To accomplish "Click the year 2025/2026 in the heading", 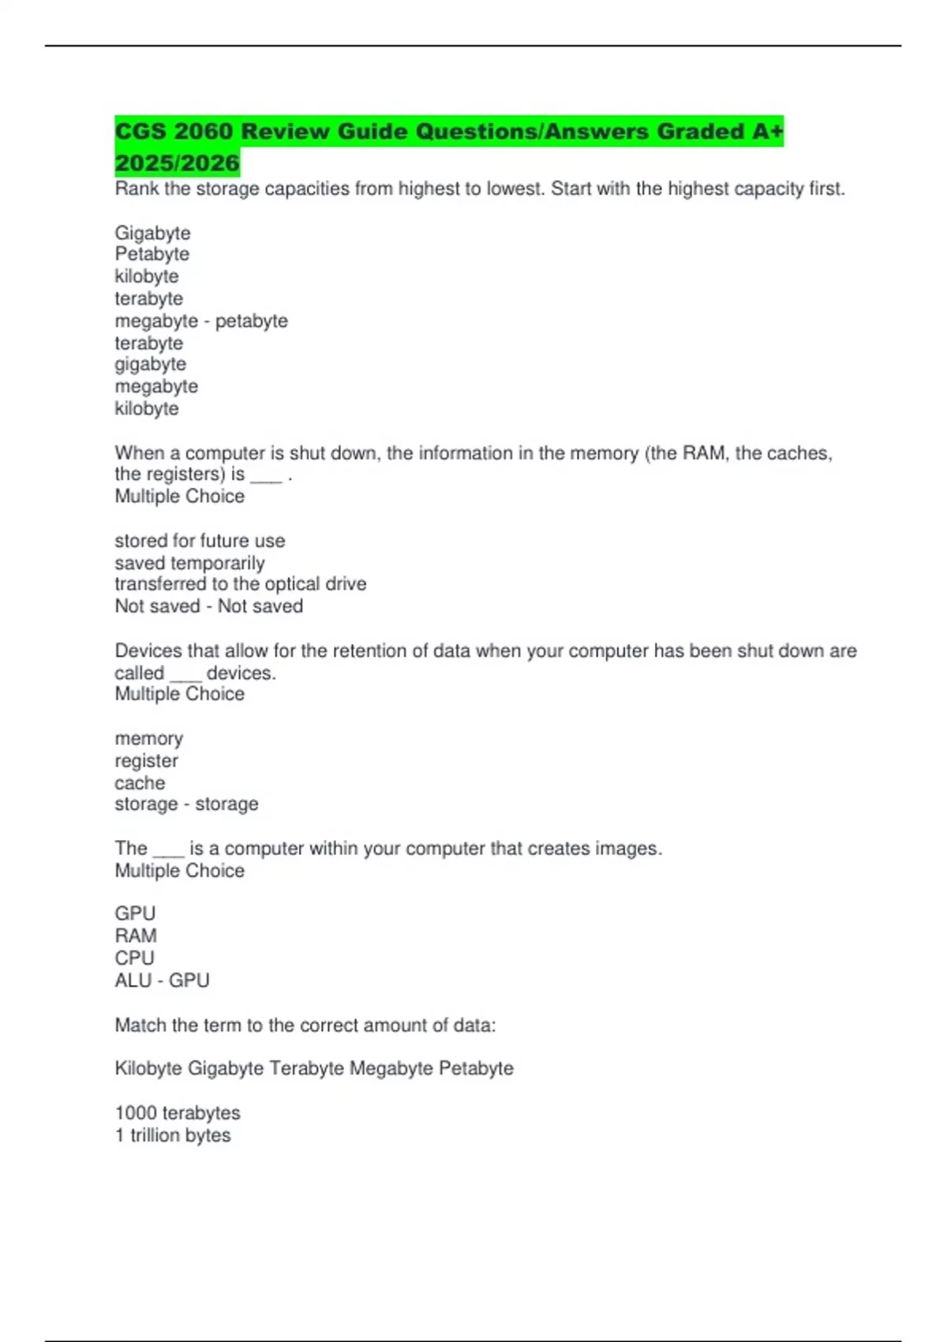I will [177, 163].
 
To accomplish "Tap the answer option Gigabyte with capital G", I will [152, 233].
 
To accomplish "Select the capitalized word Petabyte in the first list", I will [152, 254].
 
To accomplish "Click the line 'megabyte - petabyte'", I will [201, 321].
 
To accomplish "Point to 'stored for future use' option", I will [200, 541].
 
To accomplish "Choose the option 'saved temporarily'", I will [189, 563].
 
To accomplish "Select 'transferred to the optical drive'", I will [241, 584].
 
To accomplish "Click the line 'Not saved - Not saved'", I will [209, 606].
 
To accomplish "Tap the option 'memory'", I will [148, 739].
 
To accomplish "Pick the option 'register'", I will [146, 761].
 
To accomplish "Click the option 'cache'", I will [140, 783].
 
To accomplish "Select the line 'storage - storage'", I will [186, 804].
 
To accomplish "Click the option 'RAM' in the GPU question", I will [136, 936].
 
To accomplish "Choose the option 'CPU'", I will [134, 958].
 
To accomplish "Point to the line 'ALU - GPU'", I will [162, 980].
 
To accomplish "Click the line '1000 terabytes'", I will [178, 1113].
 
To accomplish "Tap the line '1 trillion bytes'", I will [173, 1135].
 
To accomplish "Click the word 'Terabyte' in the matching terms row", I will [307, 1069].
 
